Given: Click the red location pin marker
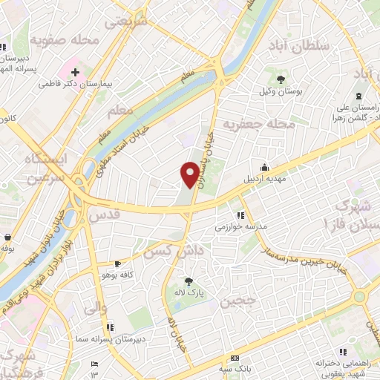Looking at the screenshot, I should (190, 174).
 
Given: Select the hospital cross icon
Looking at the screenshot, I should (76, 73).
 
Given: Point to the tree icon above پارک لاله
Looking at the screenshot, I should (189, 281).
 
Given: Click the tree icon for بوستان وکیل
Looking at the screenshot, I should (281, 79).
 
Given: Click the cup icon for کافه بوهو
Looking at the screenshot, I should (117, 263).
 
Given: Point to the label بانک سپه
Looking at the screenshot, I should (233, 369).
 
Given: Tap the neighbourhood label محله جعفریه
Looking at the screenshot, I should (265, 122).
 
